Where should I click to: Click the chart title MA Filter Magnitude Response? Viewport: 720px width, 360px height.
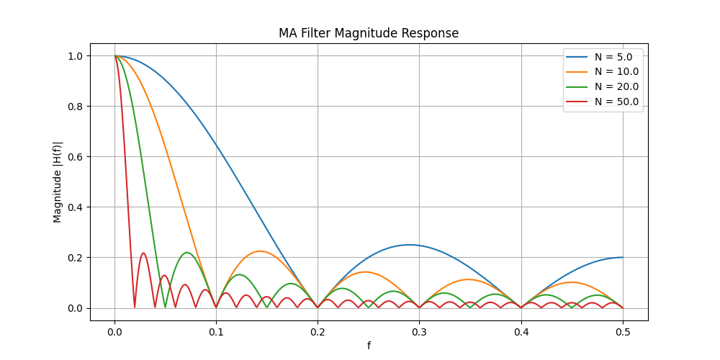click(x=369, y=33)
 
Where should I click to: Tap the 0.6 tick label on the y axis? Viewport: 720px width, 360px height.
click(x=74, y=157)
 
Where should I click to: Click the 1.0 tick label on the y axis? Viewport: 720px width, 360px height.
click(x=74, y=56)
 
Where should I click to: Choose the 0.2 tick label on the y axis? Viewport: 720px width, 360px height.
click(x=74, y=258)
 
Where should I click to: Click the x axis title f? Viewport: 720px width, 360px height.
click(x=369, y=346)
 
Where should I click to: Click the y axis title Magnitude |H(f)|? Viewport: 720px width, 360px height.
click(x=58, y=181)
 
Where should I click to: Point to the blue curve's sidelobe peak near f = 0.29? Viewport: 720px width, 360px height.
click(x=410, y=245)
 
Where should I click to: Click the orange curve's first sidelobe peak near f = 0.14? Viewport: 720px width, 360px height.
click(x=259, y=251)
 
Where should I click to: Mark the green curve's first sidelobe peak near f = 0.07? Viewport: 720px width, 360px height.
click(x=187, y=253)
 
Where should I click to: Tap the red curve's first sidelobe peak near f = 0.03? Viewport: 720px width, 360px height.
click(x=144, y=253)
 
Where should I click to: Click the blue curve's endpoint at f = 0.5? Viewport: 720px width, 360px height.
click(x=623, y=258)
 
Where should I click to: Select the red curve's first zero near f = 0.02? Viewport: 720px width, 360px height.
click(x=135, y=307)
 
